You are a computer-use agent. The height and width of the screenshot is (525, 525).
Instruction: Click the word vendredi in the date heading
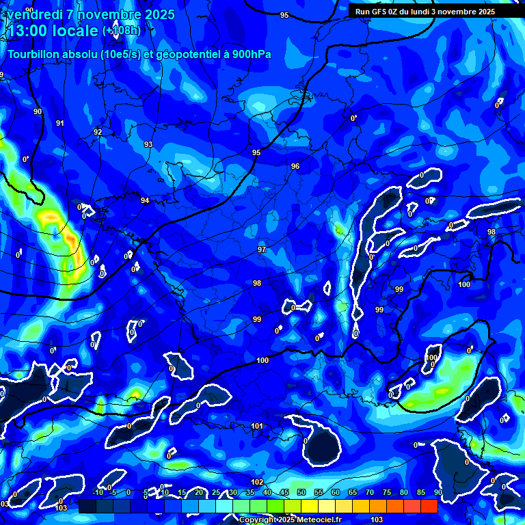pyautogui.click(x=33, y=14)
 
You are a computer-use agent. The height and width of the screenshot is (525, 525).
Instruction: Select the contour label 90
pyautogui.click(x=38, y=111)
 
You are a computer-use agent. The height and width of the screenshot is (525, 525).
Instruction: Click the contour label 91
pyautogui.click(x=60, y=123)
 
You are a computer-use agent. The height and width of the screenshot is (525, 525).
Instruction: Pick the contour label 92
pyautogui.click(x=98, y=132)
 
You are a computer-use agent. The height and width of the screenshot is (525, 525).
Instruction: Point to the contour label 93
pyautogui.click(x=148, y=144)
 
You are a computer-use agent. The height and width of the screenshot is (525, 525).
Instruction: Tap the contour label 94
pyautogui.click(x=145, y=200)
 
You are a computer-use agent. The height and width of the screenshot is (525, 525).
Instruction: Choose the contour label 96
pyautogui.click(x=295, y=166)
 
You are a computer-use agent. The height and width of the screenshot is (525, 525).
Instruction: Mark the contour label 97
pyautogui.click(x=262, y=250)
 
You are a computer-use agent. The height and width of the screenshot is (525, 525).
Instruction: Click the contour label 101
pyautogui.click(x=257, y=426)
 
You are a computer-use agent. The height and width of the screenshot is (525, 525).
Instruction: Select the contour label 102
pyautogui.click(x=257, y=482)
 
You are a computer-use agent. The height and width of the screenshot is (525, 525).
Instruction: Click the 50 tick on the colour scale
pyautogui.click(x=301, y=493)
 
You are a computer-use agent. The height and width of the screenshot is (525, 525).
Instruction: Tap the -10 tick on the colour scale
pyautogui.click(x=98, y=493)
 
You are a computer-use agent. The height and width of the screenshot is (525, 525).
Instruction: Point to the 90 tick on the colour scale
pyautogui.click(x=437, y=493)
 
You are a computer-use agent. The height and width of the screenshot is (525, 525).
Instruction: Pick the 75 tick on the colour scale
pyautogui.click(x=387, y=493)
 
